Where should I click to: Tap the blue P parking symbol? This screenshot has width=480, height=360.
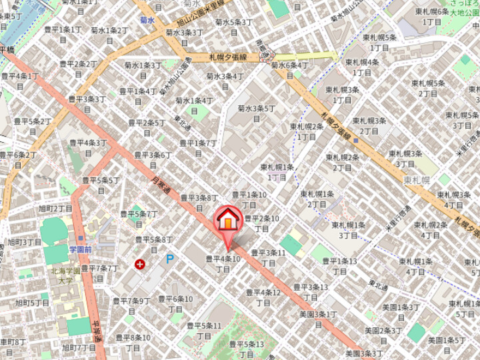[170, 259]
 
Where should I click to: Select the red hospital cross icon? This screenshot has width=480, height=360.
[140, 264]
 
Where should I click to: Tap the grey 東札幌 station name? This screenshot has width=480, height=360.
[419, 180]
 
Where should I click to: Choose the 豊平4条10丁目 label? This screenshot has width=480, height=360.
[223, 263]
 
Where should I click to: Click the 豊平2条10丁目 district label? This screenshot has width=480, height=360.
[261, 223]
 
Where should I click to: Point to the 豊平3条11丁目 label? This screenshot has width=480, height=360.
[268, 257]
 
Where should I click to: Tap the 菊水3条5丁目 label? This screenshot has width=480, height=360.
[257, 112]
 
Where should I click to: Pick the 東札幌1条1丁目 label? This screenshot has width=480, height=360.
[277, 172]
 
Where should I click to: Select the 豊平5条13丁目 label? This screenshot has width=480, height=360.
[247, 348]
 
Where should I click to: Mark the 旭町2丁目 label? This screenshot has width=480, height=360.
[55, 209]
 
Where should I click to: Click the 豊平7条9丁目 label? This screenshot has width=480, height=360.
[131, 305]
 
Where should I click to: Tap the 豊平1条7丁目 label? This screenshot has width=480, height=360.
[199, 147]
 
